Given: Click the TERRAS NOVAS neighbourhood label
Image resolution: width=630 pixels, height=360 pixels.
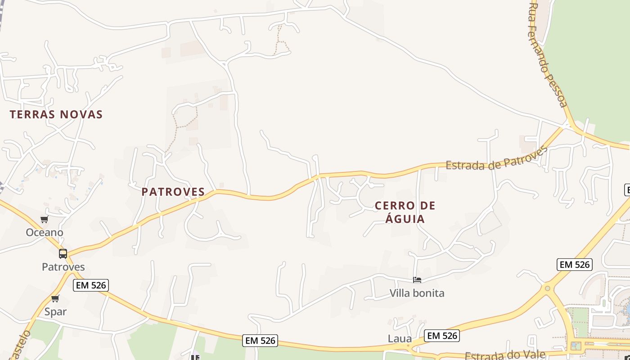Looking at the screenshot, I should [56, 114].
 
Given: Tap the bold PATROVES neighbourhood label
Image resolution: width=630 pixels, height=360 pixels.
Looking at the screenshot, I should [173, 192].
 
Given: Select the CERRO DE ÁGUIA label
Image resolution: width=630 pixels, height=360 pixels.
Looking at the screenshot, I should [405, 212].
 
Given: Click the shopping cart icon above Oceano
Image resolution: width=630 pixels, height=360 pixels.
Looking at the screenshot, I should [44, 220].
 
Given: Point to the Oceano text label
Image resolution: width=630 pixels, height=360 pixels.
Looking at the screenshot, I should [45, 233].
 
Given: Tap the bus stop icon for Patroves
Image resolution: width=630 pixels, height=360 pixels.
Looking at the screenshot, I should [63, 253].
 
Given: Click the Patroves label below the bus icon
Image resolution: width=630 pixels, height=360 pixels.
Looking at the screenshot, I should [63, 267].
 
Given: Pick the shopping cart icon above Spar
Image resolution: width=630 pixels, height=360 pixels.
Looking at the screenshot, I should [55, 298].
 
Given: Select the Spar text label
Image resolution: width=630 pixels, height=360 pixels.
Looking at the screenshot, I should [55, 311].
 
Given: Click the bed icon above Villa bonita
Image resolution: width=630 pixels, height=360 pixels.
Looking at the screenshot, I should [417, 280].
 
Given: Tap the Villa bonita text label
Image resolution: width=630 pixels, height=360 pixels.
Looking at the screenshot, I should [417, 293].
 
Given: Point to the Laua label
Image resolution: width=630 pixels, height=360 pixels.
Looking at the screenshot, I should [400, 338].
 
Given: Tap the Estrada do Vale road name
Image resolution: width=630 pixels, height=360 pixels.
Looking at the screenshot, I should [505, 355].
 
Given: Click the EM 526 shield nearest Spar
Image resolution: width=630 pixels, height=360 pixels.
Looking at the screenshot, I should [91, 285].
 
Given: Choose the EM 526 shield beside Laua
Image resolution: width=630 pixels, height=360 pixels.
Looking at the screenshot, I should [441, 335].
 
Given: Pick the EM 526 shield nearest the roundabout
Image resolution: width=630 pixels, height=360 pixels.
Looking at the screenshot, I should [574, 265].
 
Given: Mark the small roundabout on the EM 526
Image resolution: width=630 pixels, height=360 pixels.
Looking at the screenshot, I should [547, 288].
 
